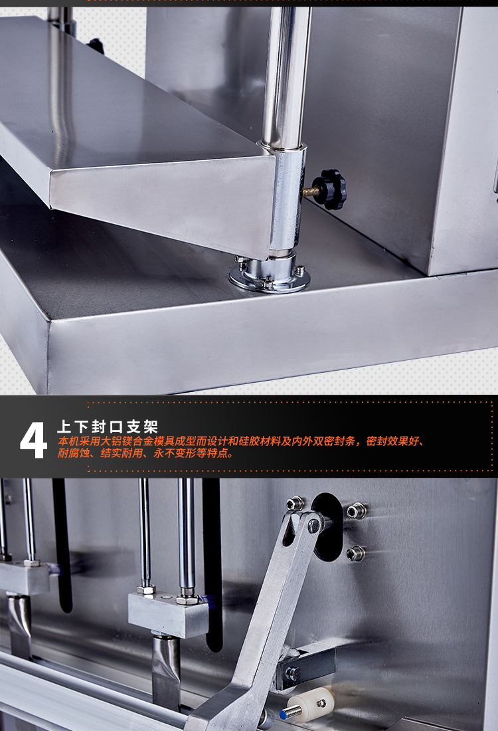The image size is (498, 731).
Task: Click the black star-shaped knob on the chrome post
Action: [330, 189]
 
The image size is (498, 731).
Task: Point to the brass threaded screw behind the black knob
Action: [310, 191]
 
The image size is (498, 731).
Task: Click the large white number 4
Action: [34, 440]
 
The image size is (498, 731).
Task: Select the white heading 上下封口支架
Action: [107, 427]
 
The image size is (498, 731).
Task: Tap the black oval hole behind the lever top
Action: [327, 527]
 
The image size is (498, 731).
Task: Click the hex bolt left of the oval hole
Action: [294, 504]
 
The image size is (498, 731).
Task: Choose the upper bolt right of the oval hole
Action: [356, 510]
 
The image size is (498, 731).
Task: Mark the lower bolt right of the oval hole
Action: [355, 554]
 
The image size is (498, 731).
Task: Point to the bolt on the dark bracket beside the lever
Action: [293, 674]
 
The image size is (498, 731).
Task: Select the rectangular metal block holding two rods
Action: [168, 614]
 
